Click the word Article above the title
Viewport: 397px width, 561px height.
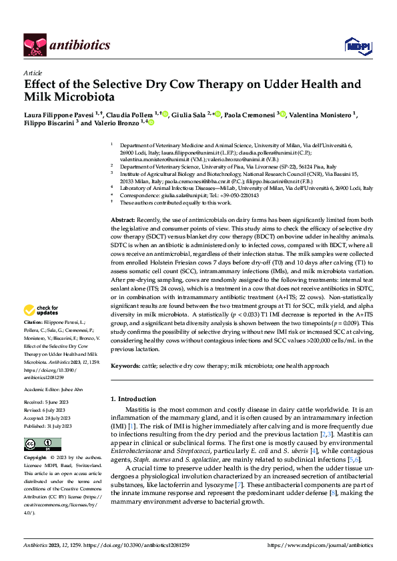32,72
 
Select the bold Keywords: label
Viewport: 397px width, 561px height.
126,366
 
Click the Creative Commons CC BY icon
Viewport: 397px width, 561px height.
43,444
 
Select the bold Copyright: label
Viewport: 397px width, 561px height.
37,458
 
